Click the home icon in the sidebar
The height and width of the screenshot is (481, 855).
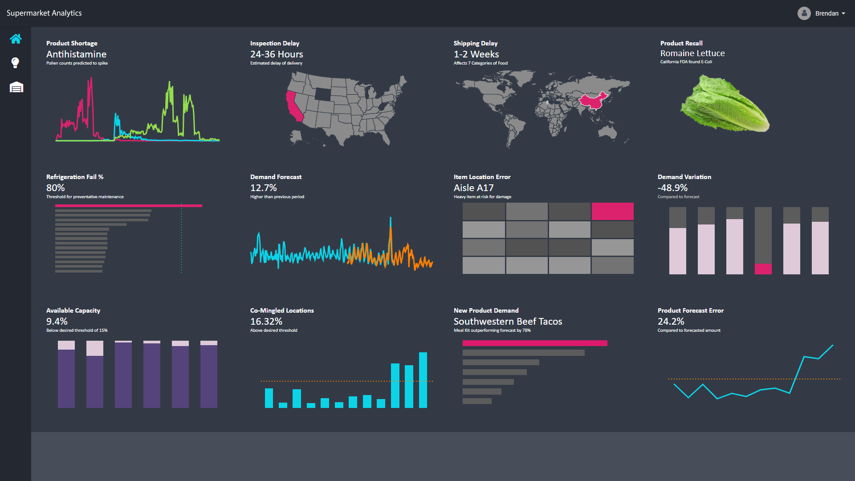(x=16, y=39)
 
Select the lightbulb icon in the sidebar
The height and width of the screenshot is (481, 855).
(x=15, y=63)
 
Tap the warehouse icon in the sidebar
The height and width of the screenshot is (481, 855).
(x=16, y=87)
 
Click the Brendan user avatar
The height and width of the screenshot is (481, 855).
(x=804, y=13)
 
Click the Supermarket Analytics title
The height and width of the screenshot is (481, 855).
(x=44, y=13)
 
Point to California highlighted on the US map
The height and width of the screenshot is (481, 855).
(x=293, y=107)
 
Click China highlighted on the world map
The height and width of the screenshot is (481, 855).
(x=593, y=102)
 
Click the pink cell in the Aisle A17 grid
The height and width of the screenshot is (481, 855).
(x=612, y=211)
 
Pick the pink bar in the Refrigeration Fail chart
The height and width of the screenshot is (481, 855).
(x=128, y=206)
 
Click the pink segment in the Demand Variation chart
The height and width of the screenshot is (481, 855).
(x=763, y=269)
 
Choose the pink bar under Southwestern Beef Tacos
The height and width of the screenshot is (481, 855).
(x=534, y=343)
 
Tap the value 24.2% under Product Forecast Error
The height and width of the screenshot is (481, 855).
(x=671, y=322)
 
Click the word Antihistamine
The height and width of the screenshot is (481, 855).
(x=76, y=54)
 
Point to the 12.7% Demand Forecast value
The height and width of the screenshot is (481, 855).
(x=263, y=188)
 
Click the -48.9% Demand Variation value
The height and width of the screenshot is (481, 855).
(x=672, y=188)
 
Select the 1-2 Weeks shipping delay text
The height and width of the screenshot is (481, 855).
(x=476, y=54)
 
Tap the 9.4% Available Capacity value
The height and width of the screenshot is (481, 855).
(x=57, y=322)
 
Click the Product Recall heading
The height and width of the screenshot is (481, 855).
(x=681, y=43)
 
